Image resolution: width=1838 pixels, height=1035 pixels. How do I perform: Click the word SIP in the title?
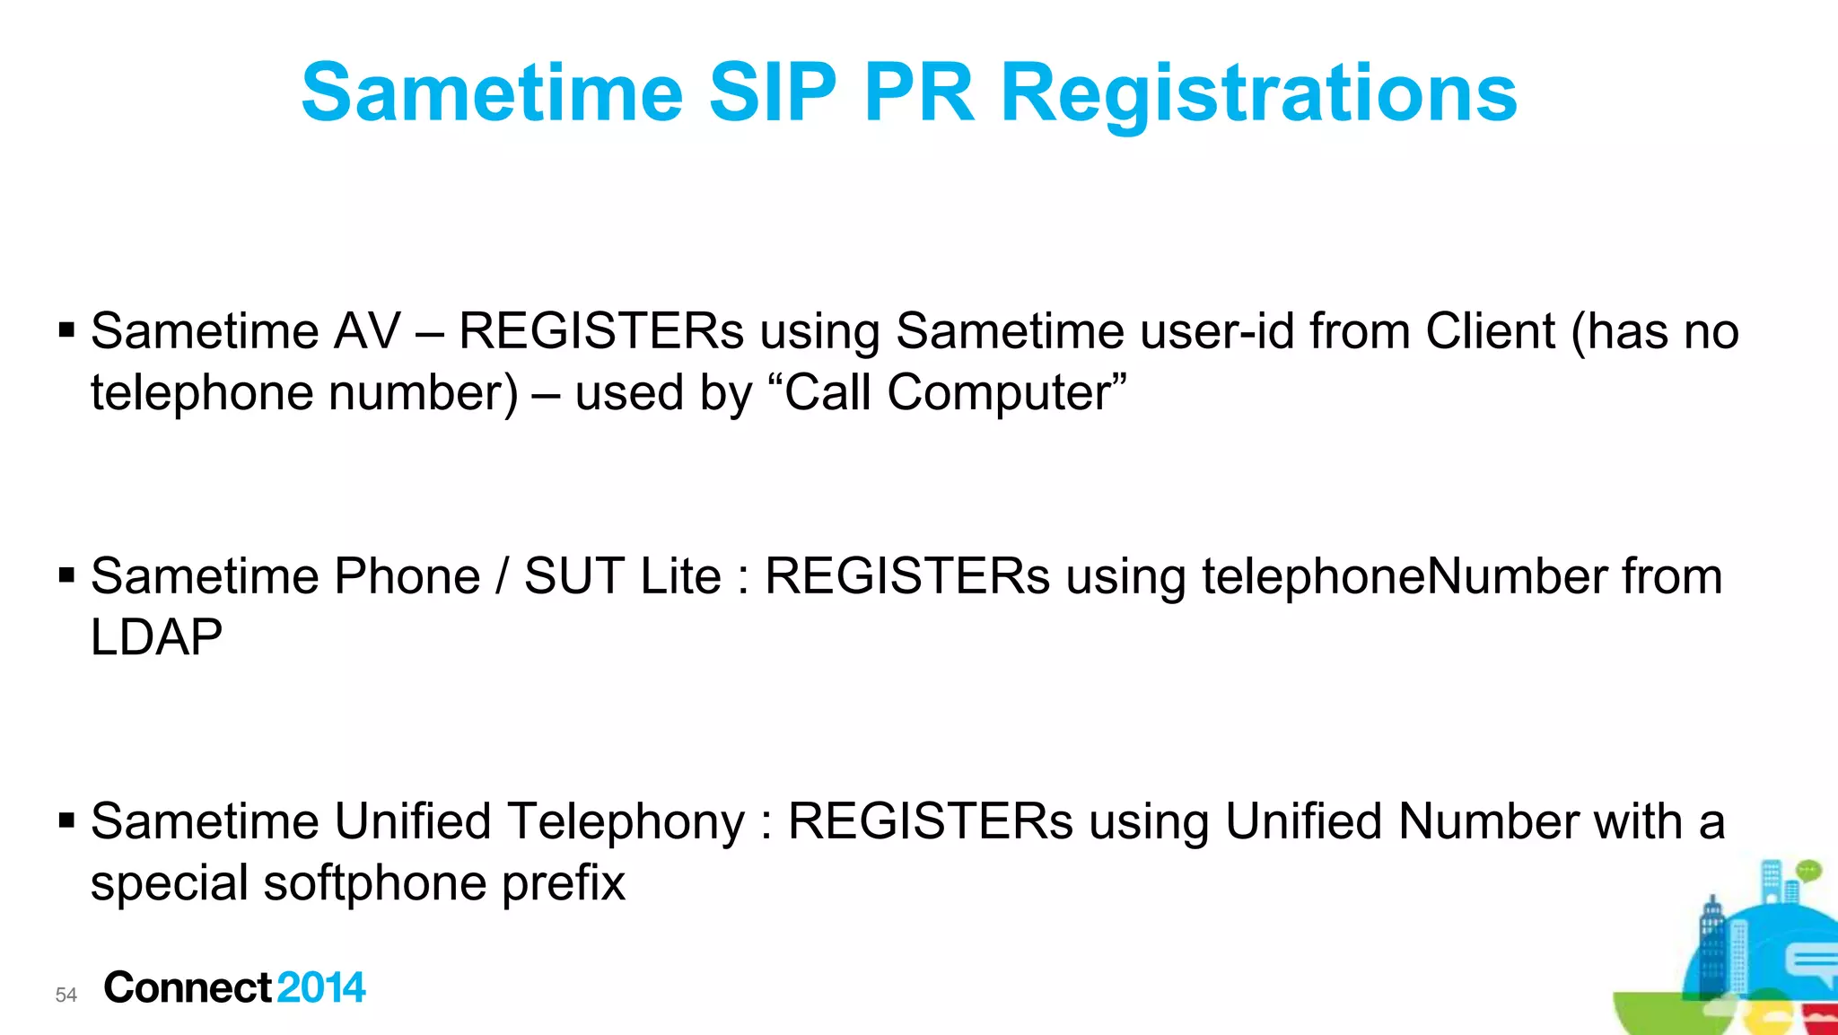(x=773, y=92)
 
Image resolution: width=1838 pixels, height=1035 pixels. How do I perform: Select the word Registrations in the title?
(x=1258, y=94)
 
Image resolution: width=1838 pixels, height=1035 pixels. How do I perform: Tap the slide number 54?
(x=66, y=995)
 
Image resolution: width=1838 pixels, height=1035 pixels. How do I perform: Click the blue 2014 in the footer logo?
(x=321, y=987)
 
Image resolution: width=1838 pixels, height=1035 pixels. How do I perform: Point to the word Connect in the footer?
(x=188, y=987)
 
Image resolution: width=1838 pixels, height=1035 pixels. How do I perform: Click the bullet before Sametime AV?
(x=66, y=330)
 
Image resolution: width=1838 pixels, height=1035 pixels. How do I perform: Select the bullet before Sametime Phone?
(x=66, y=575)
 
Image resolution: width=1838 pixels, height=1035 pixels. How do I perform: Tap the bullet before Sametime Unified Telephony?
(x=66, y=820)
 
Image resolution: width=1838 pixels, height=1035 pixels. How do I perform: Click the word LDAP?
(x=157, y=637)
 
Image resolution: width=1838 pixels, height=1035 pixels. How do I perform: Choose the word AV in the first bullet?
(x=366, y=331)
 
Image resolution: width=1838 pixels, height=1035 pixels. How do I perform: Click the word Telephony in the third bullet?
(x=625, y=821)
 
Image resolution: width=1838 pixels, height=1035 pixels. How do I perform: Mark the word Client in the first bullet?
(x=1490, y=331)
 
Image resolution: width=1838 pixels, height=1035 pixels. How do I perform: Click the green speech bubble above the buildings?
(x=1808, y=869)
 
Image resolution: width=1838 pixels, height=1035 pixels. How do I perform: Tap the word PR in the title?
(x=918, y=92)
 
